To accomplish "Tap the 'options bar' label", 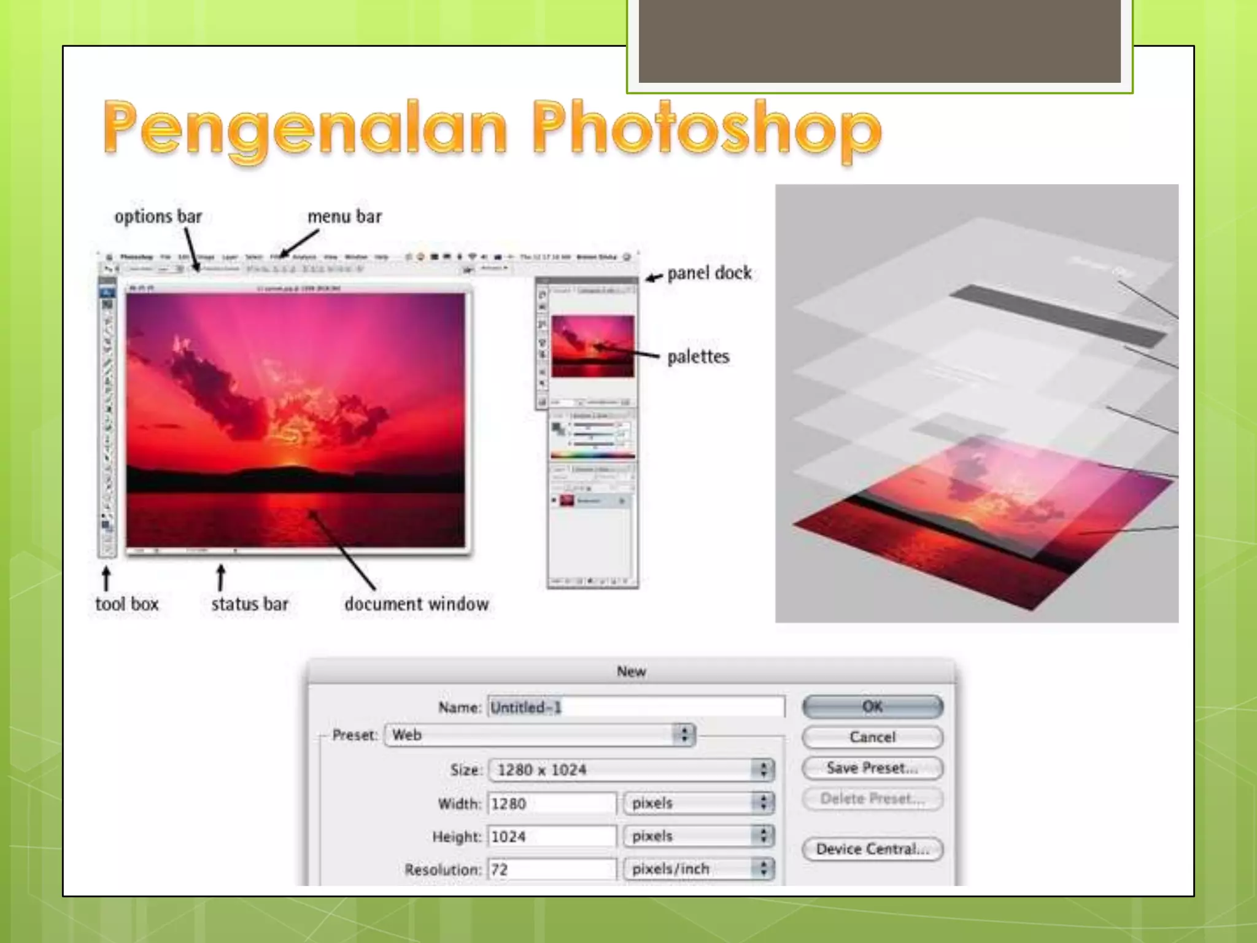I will tap(158, 216).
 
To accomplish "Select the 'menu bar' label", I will tap(344, 216).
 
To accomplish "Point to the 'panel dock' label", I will tap(709, 273).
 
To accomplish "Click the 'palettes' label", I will tap(698, 356).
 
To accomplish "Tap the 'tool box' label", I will tap(126, 603).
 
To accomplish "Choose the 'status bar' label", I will tap(249, 603).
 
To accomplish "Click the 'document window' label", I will tap(416, 603).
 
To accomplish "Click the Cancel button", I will tap(872, 737).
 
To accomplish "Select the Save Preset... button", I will tap(872, 767).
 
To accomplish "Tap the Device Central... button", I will tap(872, 849).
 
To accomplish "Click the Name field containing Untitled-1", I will tap(636, 707).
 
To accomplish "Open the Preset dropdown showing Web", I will tap(540, 735).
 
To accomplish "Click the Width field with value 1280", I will tap(551, 803).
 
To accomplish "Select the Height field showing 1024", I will tap(551, 836).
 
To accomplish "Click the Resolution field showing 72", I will tap(551, 869).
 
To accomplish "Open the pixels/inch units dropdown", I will tap(698, 869).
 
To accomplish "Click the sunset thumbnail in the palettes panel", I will tap(592, 346).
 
